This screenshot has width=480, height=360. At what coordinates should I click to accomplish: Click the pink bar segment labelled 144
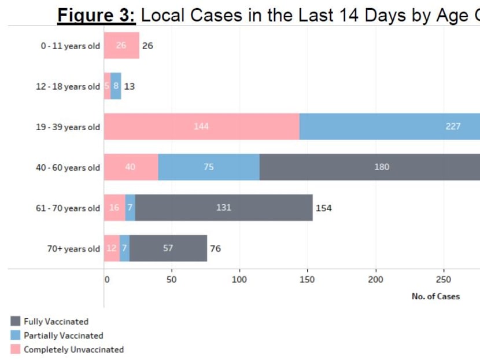point(201,126)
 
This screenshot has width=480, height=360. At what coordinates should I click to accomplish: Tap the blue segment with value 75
point(208,167)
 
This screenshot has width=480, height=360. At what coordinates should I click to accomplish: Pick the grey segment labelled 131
point(224,207)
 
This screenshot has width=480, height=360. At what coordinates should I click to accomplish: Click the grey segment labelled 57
point(168,248)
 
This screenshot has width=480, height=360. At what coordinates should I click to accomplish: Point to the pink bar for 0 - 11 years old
point(121,45)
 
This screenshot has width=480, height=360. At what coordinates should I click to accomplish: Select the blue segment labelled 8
point(116,86)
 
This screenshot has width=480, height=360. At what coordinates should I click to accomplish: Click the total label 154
point(324,208)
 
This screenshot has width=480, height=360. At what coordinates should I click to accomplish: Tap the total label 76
point(215,249)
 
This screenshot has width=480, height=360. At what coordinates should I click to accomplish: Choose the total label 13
point(130,87)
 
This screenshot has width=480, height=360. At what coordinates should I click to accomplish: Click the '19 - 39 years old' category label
point(68,127)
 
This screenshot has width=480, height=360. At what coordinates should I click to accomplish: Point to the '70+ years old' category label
point(73,249)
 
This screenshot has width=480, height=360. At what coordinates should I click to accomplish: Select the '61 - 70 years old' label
point(68,208)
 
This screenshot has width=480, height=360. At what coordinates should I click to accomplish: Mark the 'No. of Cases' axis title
point(435,296)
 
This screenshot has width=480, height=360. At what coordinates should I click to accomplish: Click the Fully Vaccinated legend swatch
point(16,321)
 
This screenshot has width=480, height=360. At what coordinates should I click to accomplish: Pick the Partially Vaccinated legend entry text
point(63,336)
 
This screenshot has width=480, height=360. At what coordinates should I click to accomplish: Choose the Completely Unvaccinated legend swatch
point(16,350)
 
